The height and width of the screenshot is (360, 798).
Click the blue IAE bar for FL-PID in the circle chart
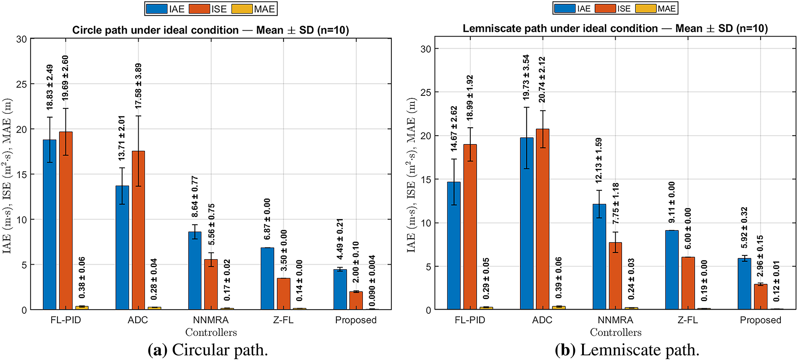coord(50,225)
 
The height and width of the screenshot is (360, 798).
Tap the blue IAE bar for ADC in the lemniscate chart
coord(527,223)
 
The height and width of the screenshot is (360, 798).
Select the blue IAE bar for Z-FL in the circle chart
coord(267,279)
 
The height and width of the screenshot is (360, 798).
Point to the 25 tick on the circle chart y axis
coord(21,84)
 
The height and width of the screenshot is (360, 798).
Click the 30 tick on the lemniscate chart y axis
coord(426,49)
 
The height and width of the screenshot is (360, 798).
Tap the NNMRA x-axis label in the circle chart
coord(211,320)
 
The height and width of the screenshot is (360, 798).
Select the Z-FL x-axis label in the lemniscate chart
coord(688,320)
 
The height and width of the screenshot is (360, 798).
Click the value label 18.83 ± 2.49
coord(50,87)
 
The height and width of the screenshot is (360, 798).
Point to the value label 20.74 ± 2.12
coord(542,80)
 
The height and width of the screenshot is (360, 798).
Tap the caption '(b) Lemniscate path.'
coord(627,350)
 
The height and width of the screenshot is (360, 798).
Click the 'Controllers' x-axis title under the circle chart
coord(211,333)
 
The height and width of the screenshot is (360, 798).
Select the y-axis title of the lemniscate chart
coord(411,175)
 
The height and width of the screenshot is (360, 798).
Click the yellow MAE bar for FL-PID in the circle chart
coord(82,307)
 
